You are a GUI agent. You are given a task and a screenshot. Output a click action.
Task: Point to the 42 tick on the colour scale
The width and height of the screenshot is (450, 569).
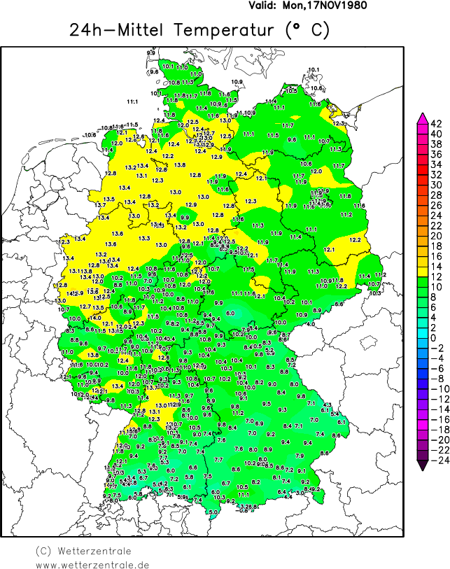coord(435,124)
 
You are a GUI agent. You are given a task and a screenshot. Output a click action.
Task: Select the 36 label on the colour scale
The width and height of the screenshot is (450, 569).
coord(435,155)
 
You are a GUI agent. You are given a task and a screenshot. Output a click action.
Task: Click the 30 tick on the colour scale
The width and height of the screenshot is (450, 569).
coord(435,185)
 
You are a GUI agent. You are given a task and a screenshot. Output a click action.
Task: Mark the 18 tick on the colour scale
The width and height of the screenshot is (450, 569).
coord(435,246)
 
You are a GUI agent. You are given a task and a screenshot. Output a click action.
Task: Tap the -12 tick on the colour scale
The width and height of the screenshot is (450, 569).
coord(435,400)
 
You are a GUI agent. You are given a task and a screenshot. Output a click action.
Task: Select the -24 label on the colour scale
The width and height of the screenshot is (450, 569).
coord(435,461)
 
